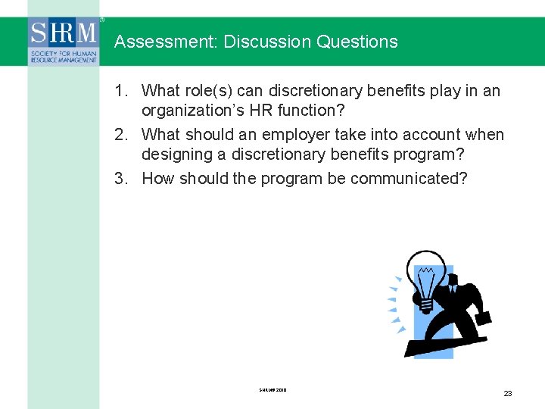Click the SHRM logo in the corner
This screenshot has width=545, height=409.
[x=64, y=42]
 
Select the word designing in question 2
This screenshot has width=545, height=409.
[x=174, y=155]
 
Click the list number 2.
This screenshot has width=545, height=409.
[x=120, y=135]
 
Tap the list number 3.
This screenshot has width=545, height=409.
[x=120, y=179]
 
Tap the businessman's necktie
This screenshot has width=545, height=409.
[x=452, y=289]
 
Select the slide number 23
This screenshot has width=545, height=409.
[x=507, y=393]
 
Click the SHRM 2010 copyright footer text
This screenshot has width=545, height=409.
[x=272, y=390]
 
